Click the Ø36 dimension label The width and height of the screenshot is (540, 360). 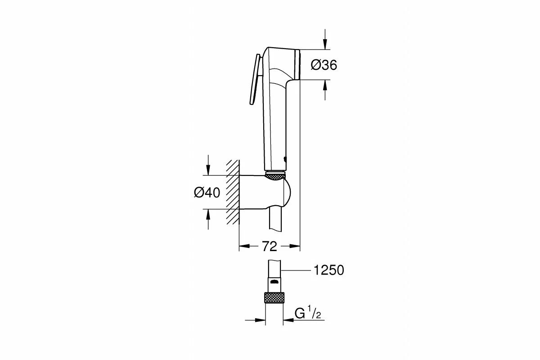(324, 65)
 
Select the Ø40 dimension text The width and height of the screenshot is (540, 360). (207, 193)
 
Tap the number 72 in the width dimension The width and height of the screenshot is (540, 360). (270, 246)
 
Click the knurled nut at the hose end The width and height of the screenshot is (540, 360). (274, 298)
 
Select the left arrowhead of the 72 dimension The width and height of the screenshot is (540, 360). (243, 246)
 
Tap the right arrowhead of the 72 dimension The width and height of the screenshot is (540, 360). (295, 246)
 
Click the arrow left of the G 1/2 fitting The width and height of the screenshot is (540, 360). (261, 320)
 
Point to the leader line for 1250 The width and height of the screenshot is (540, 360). (297, 270)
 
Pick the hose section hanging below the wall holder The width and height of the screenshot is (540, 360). (276, 220)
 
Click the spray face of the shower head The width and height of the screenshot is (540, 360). (298, 64)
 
